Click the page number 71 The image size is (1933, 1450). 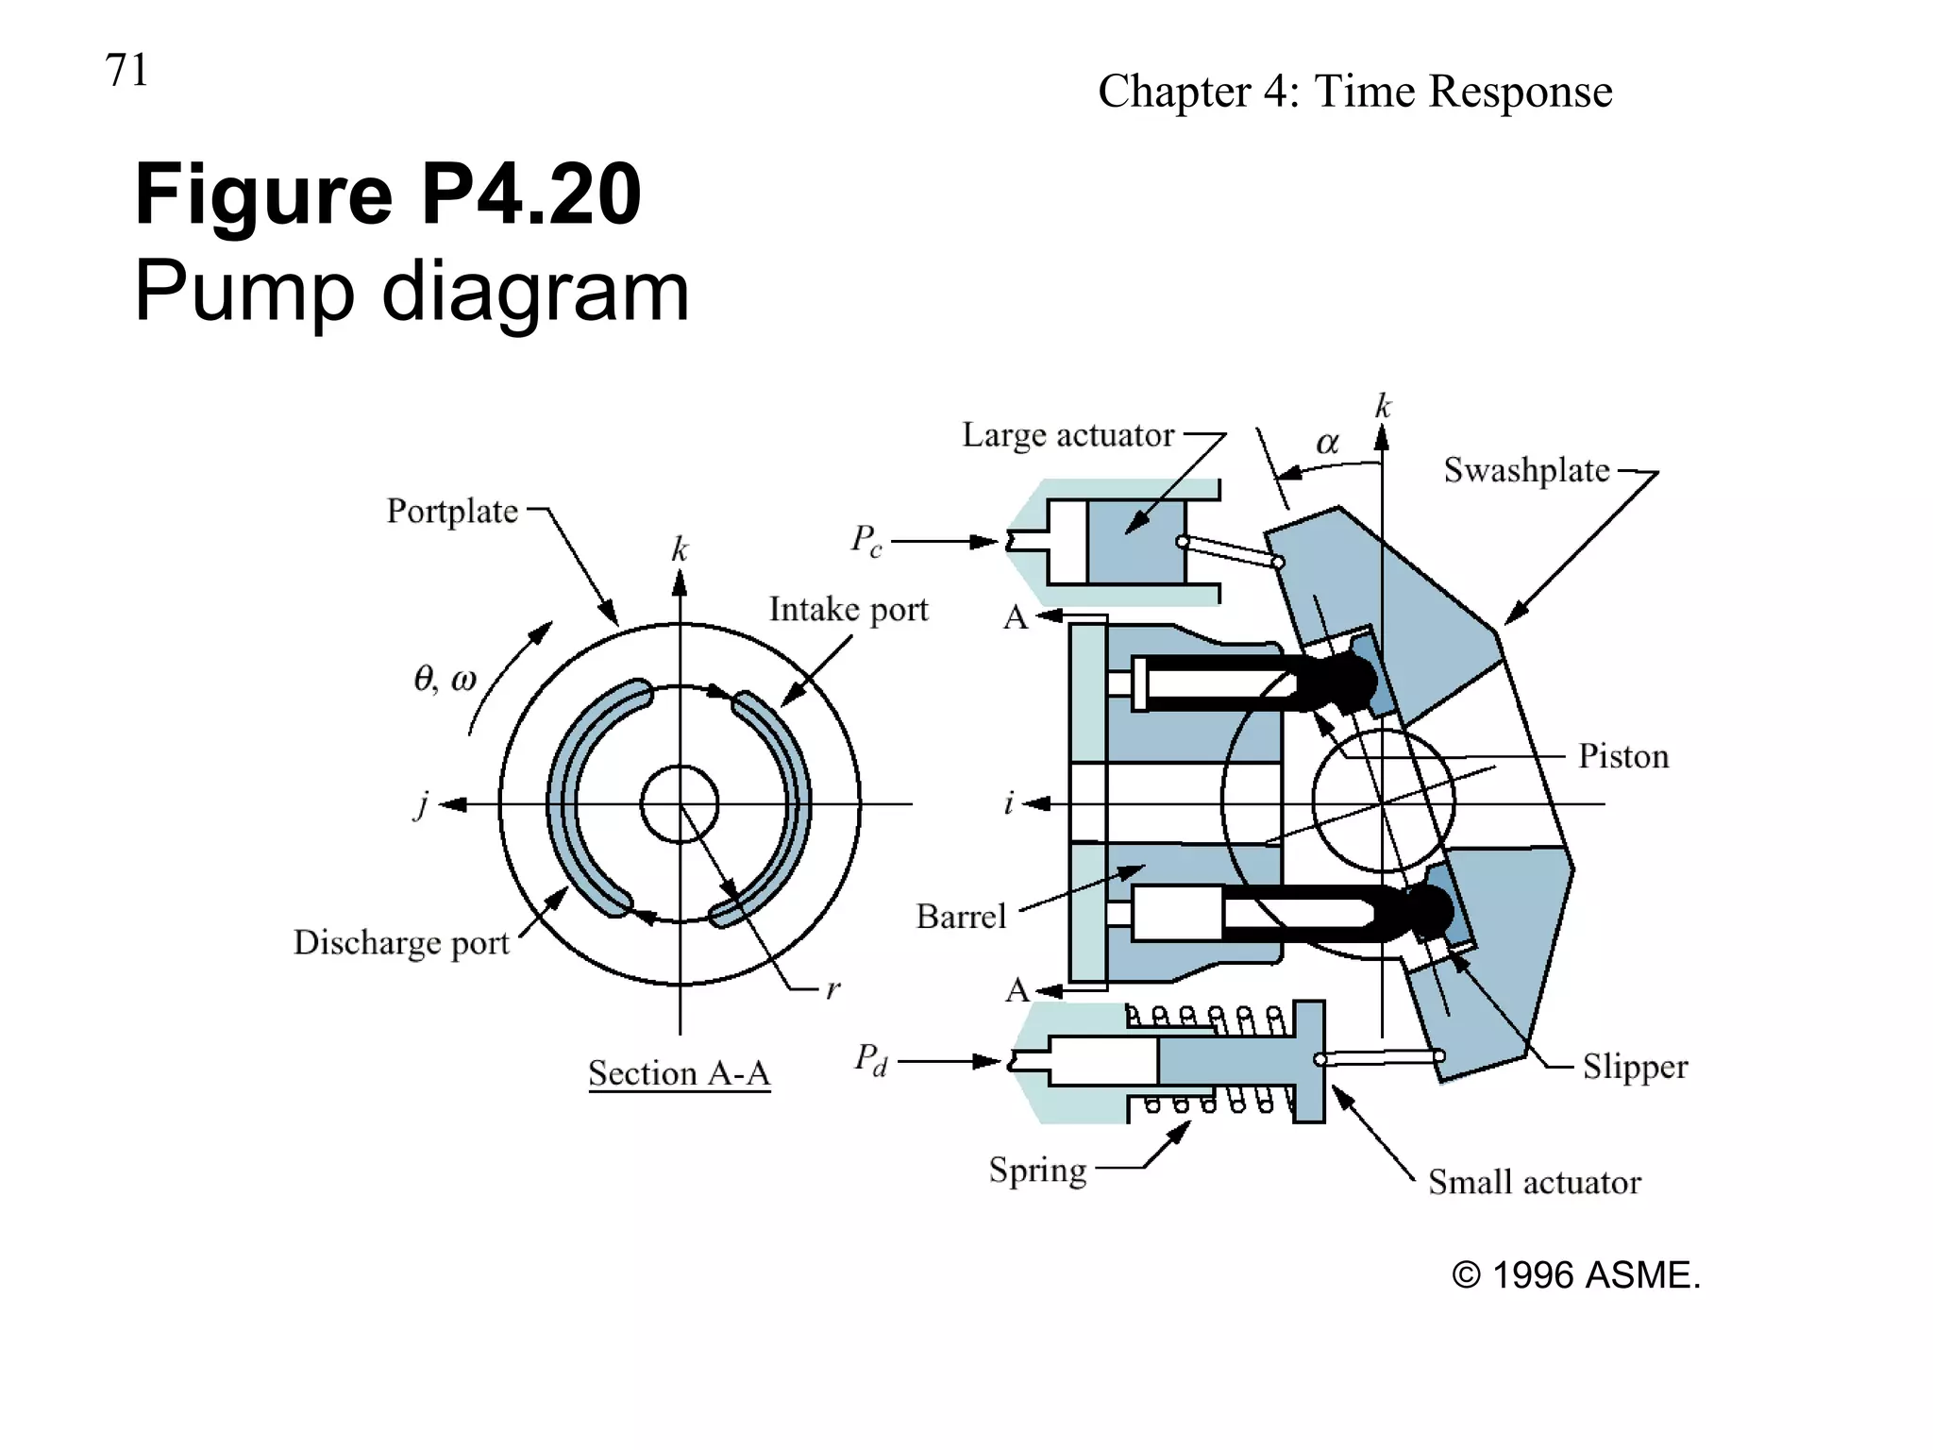(x=126, y=71)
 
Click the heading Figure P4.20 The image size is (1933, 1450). (x=388, y=194)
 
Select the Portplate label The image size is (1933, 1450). (x=452, y=511)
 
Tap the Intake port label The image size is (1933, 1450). (x=849, y=610)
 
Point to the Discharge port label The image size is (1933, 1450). (x=401, y=942)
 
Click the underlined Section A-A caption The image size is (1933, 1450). (x=679, y=1073)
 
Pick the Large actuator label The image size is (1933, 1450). (x=1067, y=435)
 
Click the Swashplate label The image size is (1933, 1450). (x=1526, y=470)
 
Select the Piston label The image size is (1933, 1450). (x=1623, y=756)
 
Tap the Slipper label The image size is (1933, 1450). (x=1635, y=1067)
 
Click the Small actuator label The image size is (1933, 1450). (x=1534, y=1182)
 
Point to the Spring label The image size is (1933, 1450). (x=1037, y=1170)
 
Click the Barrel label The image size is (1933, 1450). (x=961, y=917)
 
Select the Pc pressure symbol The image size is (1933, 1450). (x=866, y=541)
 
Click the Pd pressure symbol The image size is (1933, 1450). (x=870, y=1059)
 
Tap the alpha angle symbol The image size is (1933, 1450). (x=1327, y=443)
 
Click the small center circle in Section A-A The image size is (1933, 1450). (x=680, y=804)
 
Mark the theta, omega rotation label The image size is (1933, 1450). (x=445, y=679)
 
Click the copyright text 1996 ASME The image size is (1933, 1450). (x=1575, y=1275)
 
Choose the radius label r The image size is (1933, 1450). (x=832, y=989)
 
